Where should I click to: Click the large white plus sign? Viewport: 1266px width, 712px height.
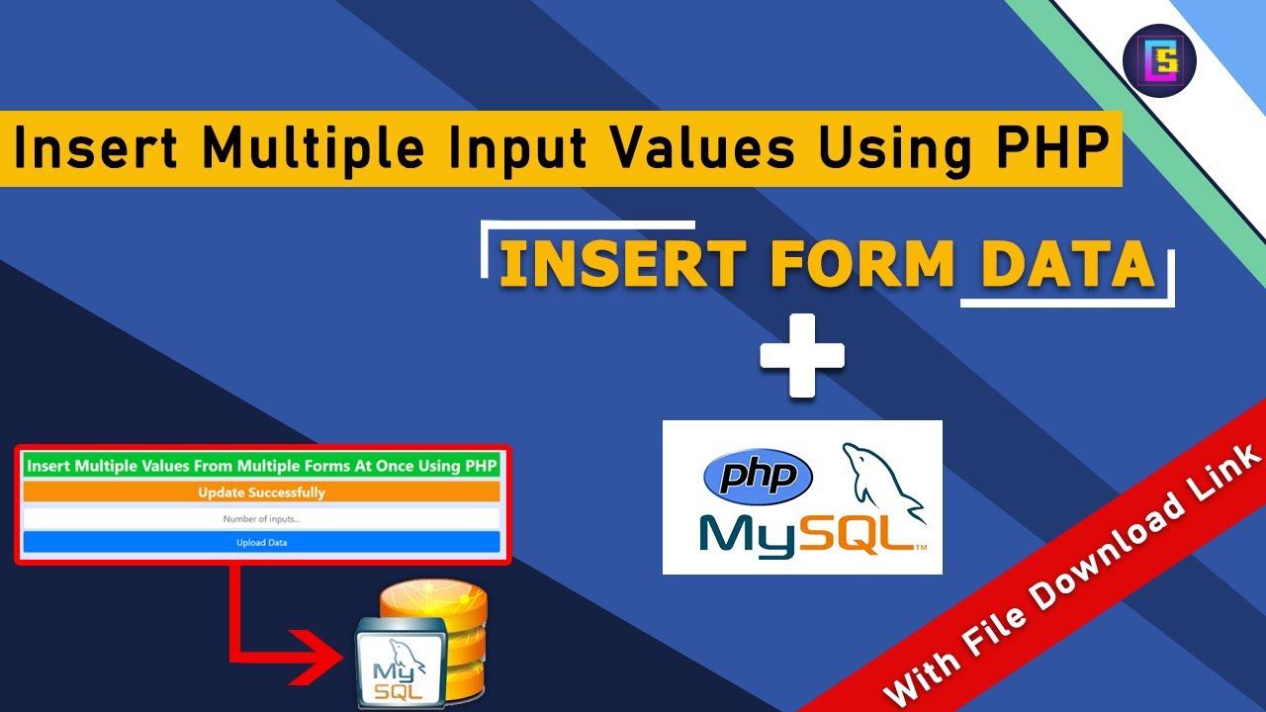[802, 356]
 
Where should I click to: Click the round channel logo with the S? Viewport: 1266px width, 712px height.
[1160, 60]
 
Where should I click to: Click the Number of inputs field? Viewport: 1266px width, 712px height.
[262, 518]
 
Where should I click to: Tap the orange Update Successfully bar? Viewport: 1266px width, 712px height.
[262, 491]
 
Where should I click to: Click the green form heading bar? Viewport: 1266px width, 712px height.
[262, 465]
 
